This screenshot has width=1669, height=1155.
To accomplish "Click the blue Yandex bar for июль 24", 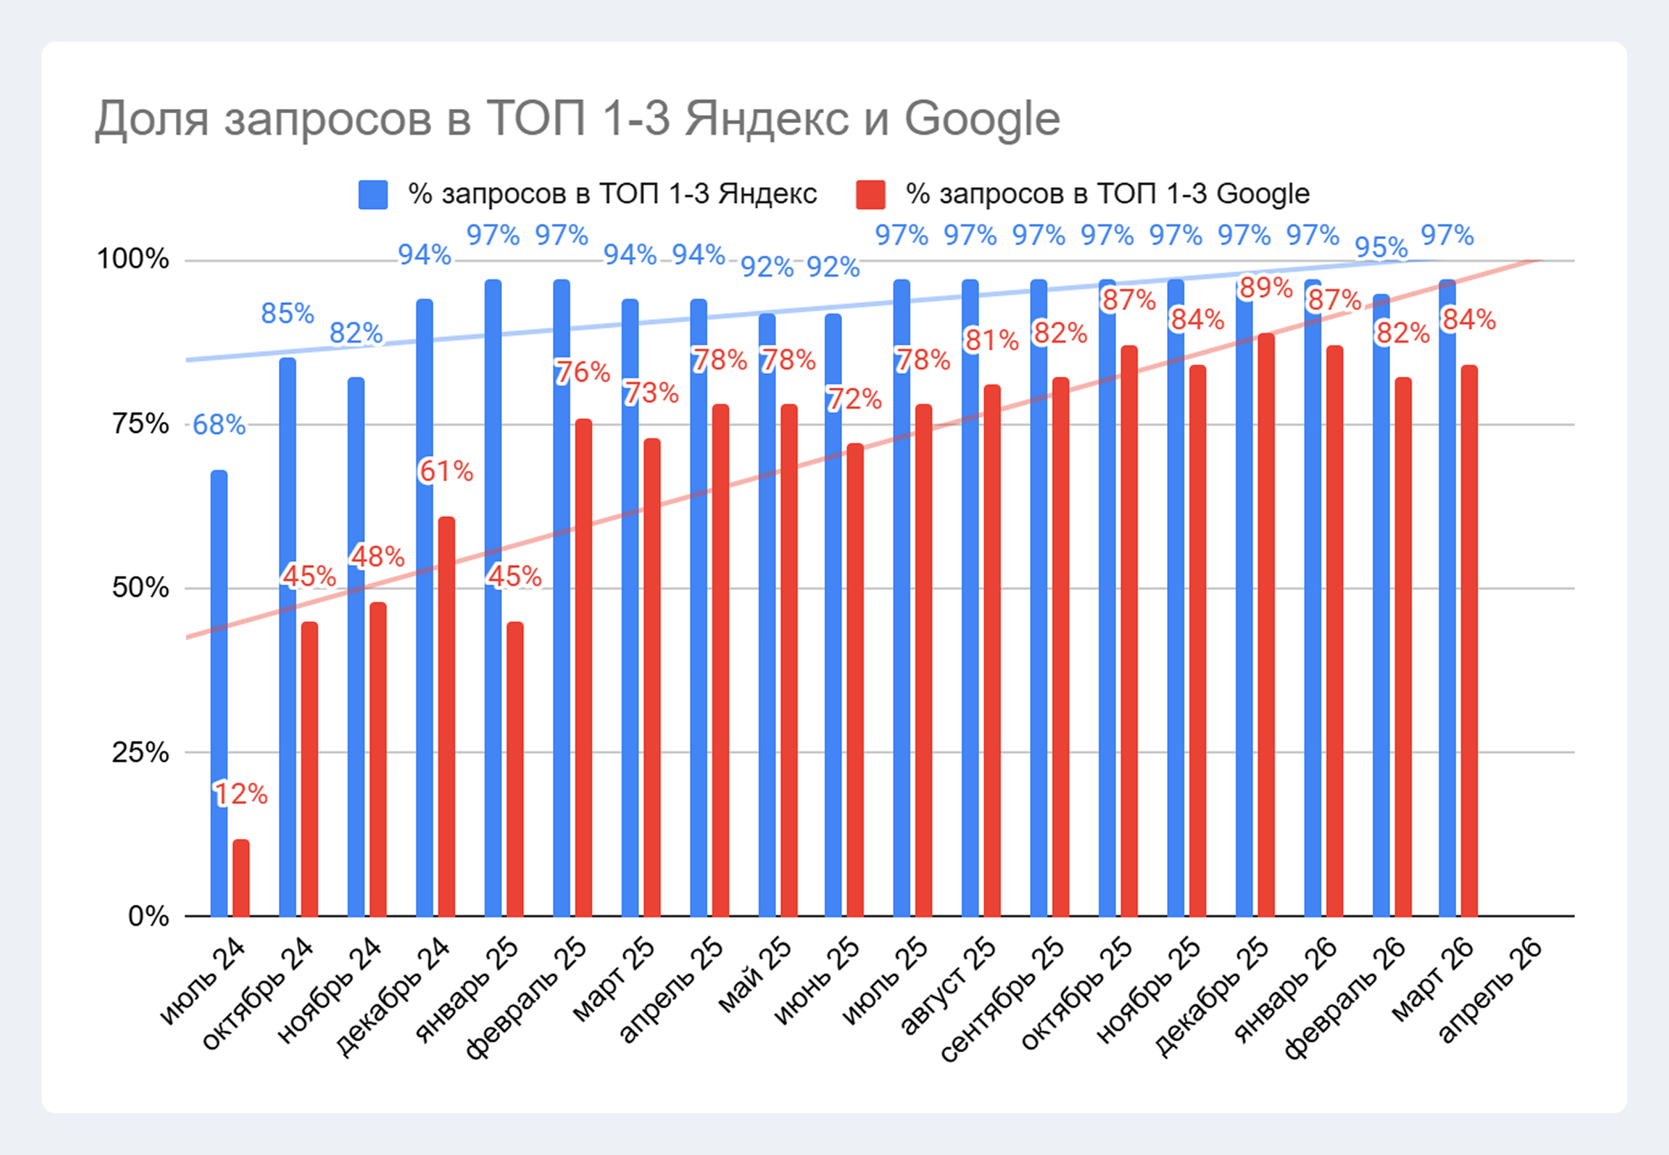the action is [218, 694].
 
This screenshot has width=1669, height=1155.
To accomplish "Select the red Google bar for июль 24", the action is [241, 878].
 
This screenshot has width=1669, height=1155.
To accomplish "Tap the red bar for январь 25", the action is [515, 769].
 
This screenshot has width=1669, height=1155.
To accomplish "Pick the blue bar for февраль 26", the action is [1381, 605].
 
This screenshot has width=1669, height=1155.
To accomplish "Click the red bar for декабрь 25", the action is [1266, 625].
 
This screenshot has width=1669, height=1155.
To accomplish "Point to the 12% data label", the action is [241, 794].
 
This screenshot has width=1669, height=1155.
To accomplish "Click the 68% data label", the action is [218, 425].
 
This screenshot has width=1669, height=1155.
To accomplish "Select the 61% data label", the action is [446, 472].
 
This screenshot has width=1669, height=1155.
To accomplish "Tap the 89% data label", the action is [1266, 288].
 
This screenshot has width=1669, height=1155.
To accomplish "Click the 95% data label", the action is [1381, 247].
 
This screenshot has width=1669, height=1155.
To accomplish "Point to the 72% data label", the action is [855, 400].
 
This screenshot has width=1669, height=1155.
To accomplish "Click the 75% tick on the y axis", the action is [140, 423].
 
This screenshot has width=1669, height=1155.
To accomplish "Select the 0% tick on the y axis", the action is [148, 916].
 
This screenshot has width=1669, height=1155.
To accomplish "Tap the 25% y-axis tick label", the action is [140, 753].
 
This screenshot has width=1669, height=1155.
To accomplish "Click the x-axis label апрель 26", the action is [1489, 991].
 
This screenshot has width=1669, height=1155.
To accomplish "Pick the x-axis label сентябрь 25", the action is [1002, 999].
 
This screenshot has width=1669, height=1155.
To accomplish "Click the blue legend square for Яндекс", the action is [373, 195].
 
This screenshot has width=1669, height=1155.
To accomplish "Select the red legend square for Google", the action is [871, 195].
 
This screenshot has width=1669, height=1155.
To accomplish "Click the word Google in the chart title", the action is [983, 120].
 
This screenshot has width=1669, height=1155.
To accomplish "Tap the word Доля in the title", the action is [152, 120].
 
